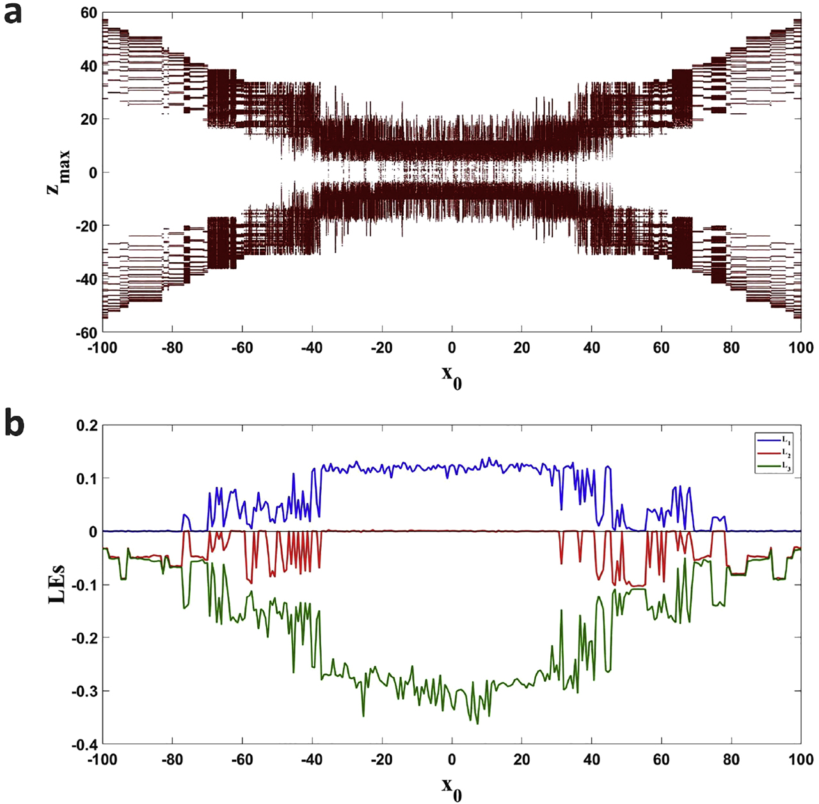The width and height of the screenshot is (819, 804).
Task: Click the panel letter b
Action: point(14,423)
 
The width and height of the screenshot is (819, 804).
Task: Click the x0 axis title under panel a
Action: point(452,376)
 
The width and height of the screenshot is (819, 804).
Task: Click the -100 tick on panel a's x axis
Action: point(102,348)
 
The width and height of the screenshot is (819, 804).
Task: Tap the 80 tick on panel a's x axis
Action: point(731,348)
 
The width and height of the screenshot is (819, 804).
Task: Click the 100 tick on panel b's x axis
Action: point(800,760)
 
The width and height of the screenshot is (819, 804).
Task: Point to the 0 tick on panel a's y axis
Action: point(93,173)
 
